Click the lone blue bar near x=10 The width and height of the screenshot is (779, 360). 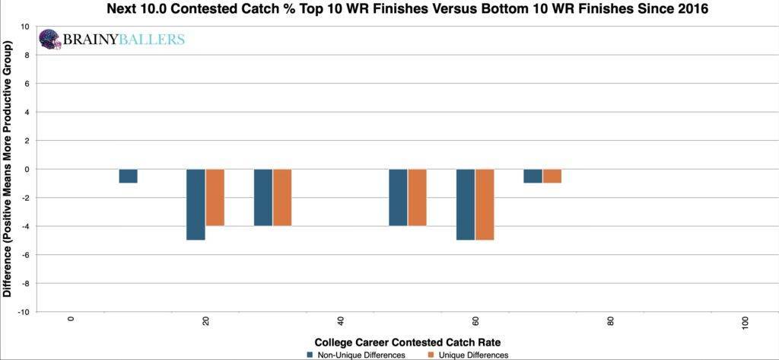[x=128, y=176]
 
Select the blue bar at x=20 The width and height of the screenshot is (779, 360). [x=196, y=204]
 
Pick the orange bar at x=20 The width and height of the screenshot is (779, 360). [x=215, y=197]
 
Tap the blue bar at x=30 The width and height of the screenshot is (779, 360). [x=262, y=197]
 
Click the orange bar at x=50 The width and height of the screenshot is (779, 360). [x=418, y=197]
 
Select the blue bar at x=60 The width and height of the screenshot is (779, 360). [x=466, y=204]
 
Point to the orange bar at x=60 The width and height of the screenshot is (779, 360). [x=485, y=204]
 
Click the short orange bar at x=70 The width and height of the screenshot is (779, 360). [x=552, y=176]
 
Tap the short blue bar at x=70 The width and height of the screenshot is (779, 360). [x=533, y=176]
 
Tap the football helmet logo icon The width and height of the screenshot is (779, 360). [x=50, y=39]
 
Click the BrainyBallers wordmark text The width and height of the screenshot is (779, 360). [x=124, y=40]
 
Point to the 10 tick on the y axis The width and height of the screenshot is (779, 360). [x=24, y=27]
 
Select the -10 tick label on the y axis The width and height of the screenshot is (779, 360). [x=23, y=312]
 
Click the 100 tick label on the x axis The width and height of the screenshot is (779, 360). [x=746, y=323]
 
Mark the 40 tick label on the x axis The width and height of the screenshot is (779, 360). [x=340, y=322]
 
